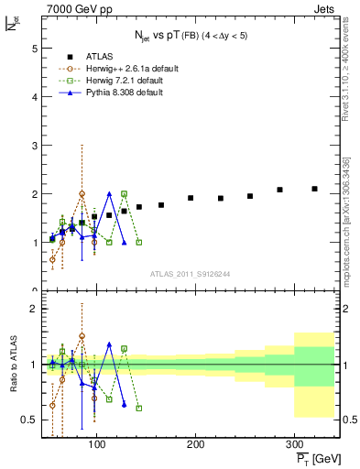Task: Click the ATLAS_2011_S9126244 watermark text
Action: tap(190, 273)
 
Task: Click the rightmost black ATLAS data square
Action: tap(314, 189)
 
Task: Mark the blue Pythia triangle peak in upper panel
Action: tap(109, 194)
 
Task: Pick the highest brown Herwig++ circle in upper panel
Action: tap(82, 194)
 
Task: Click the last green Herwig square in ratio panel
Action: tap(138, 408)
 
